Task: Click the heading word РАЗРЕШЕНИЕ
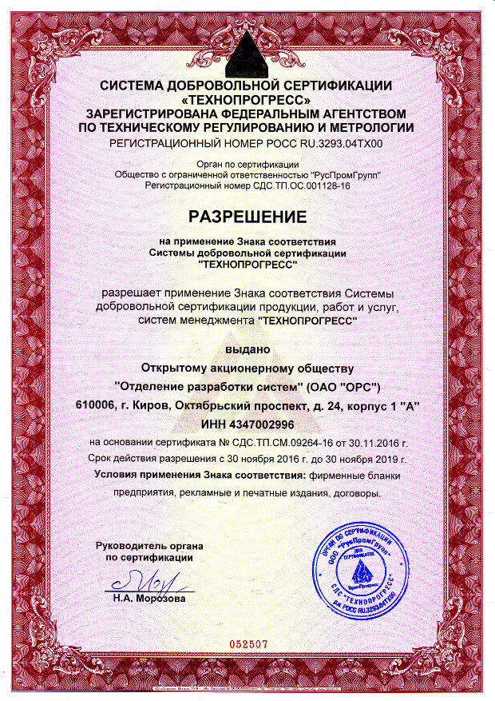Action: [247, 217]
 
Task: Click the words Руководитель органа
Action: [149, 545]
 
